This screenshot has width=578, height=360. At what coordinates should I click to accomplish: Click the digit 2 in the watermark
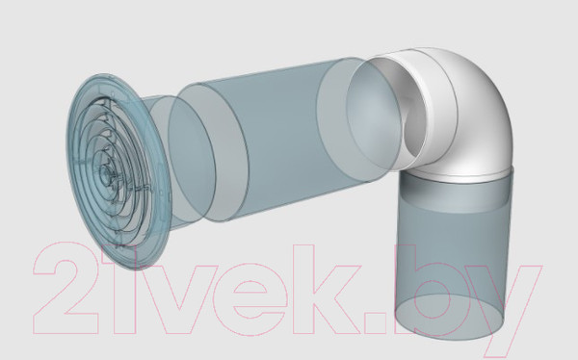pos(66,288)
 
